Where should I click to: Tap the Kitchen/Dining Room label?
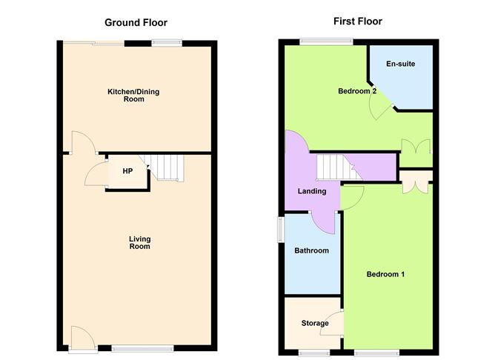[x=133, y=96]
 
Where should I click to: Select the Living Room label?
[x=139, y=242]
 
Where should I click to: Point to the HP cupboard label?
[x=127, y=171]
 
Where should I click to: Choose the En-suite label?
[x=400, y=64]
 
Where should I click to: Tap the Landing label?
[x=312, y=192]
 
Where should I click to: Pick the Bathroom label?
[x=311, y=251]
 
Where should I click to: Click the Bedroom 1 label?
[x=386, y=275]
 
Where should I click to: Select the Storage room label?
[x=314, y=324]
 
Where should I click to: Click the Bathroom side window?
[x=280, y=229]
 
